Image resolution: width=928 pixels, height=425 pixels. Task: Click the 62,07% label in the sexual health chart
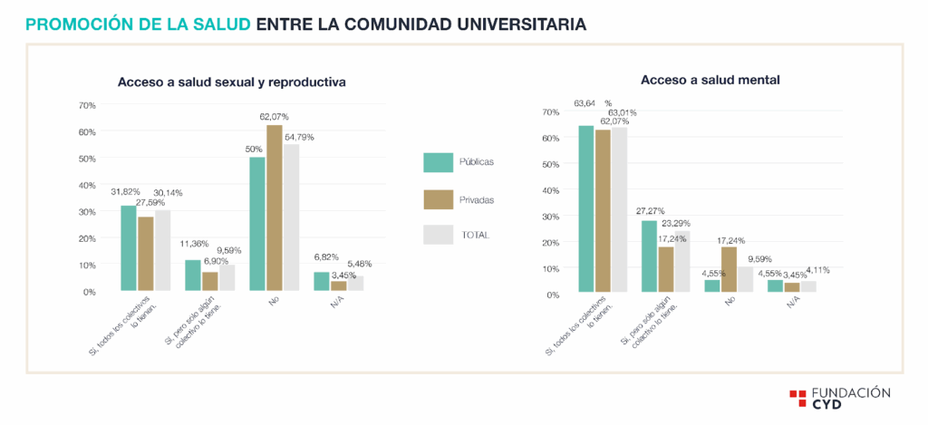[x=274, y=117]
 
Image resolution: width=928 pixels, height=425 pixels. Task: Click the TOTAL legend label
[x=475, y=235]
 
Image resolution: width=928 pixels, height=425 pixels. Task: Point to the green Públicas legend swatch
[x=438, y=162]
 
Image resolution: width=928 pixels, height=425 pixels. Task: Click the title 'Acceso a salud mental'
[x=710, y=80]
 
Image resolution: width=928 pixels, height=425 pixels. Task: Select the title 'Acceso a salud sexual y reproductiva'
[x=232, y=82]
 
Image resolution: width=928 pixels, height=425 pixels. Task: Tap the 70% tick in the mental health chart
[x=550, y=112]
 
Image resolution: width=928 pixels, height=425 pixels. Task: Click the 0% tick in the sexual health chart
[x=89, y=292]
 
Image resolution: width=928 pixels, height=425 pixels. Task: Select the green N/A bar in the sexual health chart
[x=322, y=282]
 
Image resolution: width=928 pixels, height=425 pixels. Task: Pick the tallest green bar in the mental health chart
[x=585, y=208]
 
